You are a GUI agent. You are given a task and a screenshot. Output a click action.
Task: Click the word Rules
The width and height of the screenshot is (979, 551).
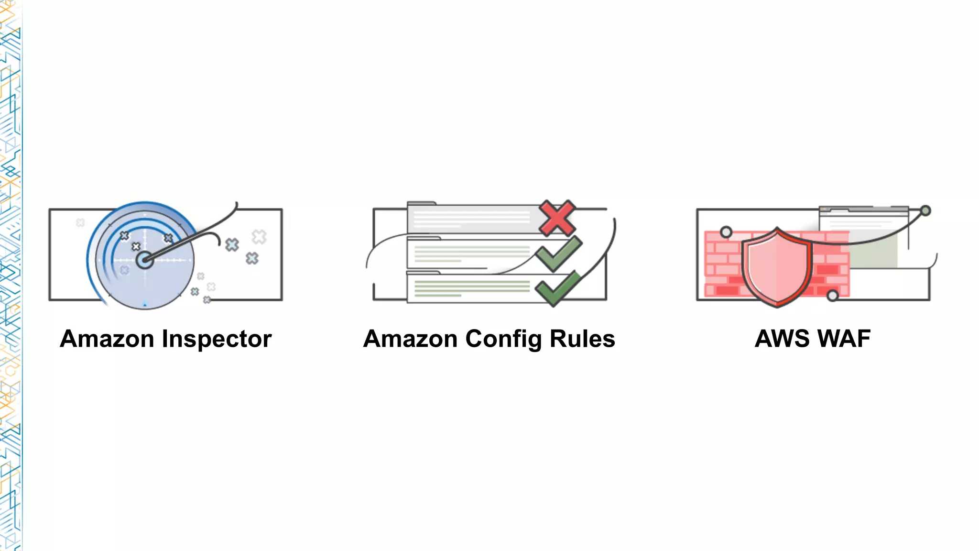pos(582,339)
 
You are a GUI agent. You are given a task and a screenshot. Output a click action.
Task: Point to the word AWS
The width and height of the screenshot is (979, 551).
pos(782,339)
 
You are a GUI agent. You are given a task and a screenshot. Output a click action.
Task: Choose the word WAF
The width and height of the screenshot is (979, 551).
pos(844,339)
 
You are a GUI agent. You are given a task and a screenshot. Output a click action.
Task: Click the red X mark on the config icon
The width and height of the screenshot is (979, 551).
pos(557,218)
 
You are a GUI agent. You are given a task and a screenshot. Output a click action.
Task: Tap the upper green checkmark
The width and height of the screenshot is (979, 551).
pos(558,254)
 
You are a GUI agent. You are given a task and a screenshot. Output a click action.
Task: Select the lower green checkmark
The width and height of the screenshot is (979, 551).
pos(557,289)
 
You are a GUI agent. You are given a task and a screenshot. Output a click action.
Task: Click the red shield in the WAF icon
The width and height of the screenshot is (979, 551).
pos(777,268)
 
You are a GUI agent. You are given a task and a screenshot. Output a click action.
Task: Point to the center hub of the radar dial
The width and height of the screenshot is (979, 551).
pos(144,260)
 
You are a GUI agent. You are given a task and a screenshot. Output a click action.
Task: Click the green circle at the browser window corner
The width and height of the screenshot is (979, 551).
pos(925,210)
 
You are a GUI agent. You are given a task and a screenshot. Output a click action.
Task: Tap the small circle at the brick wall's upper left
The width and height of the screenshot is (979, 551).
pos(726,232)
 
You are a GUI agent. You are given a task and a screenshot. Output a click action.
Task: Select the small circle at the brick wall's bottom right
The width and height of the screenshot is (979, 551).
pos(832,296)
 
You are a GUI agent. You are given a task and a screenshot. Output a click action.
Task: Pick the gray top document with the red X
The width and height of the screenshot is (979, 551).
pos(473,218)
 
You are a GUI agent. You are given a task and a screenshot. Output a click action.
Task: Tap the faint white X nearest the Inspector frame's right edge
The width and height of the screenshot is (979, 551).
pos(259,236)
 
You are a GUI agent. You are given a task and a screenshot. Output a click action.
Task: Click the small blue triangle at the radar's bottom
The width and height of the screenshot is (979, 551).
pos(145,304)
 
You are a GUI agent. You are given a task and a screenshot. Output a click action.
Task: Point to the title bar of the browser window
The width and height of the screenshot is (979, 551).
pos(863,209)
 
